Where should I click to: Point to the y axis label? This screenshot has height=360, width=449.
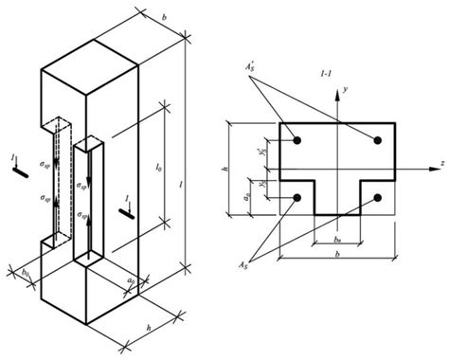[349, 88]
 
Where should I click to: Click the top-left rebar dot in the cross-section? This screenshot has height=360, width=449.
[297, 141]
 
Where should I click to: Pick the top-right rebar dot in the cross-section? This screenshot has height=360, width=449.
[378, 141]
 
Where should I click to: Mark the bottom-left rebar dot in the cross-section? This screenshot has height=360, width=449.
[297, 198]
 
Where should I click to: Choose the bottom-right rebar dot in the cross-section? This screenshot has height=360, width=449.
[378, 198]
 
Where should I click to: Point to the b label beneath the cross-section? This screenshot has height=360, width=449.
[338, 257]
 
